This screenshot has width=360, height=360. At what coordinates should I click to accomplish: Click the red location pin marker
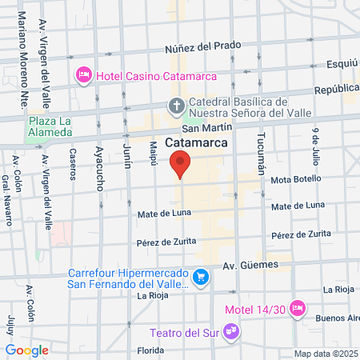point(181,163)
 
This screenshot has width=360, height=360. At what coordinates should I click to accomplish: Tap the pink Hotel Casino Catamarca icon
point(82,75)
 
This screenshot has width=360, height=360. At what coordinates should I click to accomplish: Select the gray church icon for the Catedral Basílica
point(176,106)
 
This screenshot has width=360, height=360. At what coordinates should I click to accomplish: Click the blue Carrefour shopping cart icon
point(202,278)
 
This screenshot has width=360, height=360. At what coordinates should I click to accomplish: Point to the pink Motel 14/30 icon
point(298,307)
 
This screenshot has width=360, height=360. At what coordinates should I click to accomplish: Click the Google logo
point(26,350)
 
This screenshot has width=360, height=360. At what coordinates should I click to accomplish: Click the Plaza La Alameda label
point(50,126)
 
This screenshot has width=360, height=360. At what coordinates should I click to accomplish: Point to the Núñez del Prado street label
point(202,46)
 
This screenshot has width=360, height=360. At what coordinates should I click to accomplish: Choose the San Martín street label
point(207,127)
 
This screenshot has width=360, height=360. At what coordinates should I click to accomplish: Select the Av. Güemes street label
point(250,264)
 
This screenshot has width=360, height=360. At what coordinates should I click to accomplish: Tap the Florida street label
point(150,350)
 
